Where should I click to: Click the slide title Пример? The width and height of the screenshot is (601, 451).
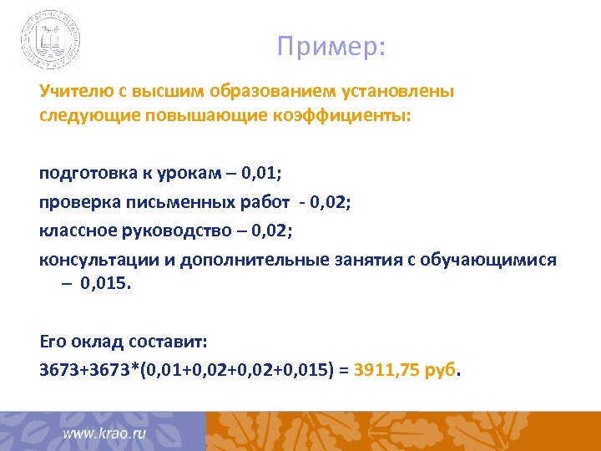[x=331, y=47]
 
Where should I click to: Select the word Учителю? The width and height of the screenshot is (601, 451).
[x=70, y=92]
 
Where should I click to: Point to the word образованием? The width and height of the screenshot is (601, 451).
[x=269, y=92]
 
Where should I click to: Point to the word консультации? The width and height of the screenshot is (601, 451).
[x=93, y=259]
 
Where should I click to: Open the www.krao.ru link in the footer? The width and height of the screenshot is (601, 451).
[x=105, y=434]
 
